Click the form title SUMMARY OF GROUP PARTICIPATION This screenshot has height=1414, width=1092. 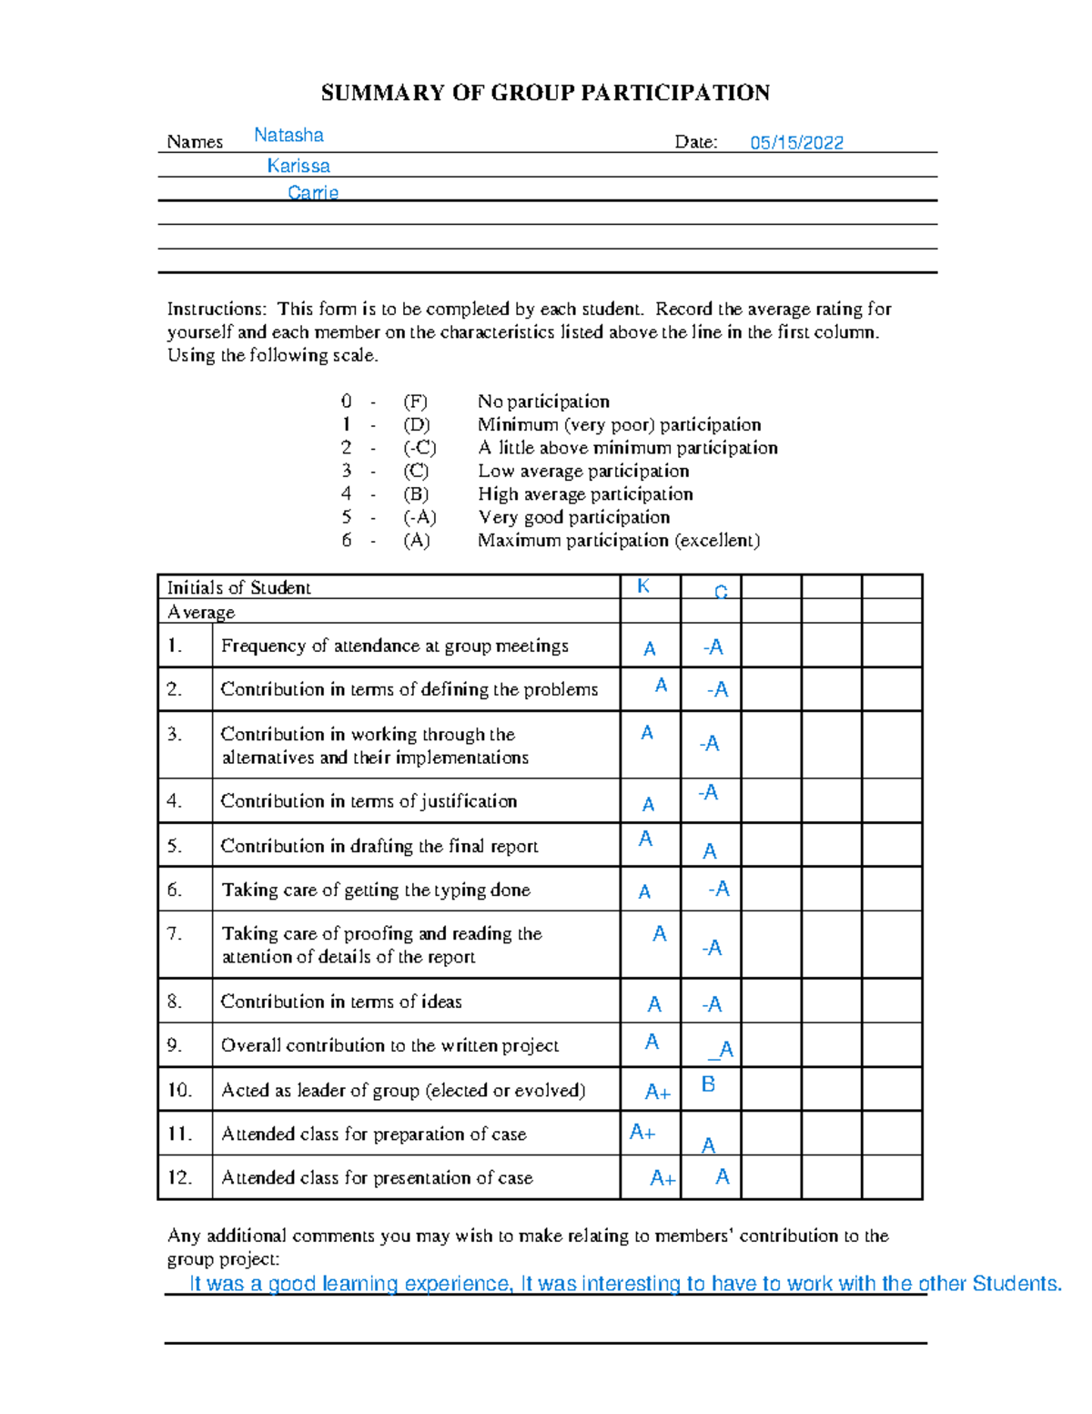pos(545,93)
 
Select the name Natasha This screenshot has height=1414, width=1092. pos(288,136)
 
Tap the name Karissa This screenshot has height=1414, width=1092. pos(298,166)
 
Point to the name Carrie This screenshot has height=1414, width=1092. pos(313,193)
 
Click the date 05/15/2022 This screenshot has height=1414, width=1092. pos(796,143)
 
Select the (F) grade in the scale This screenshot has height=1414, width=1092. pos(415,402)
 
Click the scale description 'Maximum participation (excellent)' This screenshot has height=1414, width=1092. pos(618,541)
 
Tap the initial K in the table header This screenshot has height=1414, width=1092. pos(643,586)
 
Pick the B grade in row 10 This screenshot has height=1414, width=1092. pos(708,1084)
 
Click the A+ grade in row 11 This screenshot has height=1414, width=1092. pos(642,1132)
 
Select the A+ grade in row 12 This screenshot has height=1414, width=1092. pos(662,1178)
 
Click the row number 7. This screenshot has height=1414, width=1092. pos(175,934)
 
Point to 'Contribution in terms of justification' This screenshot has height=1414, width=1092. pos(369,801)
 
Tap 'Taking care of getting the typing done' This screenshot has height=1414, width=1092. pos(376,890)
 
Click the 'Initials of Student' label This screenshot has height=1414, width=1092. pos(238,588)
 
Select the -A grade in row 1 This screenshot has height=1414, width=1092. pos(713,647)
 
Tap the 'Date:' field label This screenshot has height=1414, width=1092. pos(695,142)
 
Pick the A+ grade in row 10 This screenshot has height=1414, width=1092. pos(657,1092)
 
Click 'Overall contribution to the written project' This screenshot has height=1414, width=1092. pos(389,1046)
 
